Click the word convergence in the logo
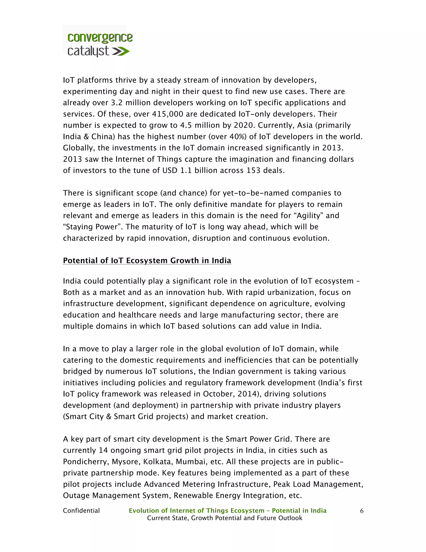pos(100,38)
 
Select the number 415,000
pos(167,114)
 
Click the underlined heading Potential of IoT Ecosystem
pos(147,261)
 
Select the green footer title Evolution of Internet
pos(227,511)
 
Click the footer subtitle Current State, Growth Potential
pos(225,518)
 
